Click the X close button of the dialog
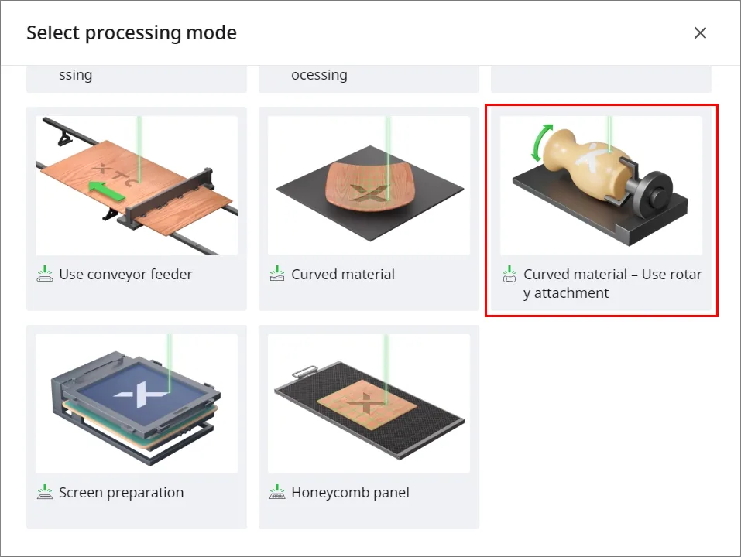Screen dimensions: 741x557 click(700, 32)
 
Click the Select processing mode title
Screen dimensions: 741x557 click(132, 33)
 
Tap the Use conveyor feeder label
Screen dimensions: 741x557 click(125, 275)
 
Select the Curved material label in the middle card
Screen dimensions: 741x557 click(342, 275)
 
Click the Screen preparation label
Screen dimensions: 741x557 click(121, 492)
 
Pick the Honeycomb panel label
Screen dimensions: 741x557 click(350, 492)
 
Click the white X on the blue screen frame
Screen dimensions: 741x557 click(140, 394)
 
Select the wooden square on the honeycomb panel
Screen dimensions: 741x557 click(367, 405)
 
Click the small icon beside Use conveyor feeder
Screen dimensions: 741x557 click(45, 274)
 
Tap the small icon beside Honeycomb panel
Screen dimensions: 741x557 click(277, 492)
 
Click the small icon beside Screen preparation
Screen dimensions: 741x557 click(45, 492)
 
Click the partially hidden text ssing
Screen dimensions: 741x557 click(76, 75)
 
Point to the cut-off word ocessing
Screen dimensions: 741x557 click(319, 75)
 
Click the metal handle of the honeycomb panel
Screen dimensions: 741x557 click(305, 371)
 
